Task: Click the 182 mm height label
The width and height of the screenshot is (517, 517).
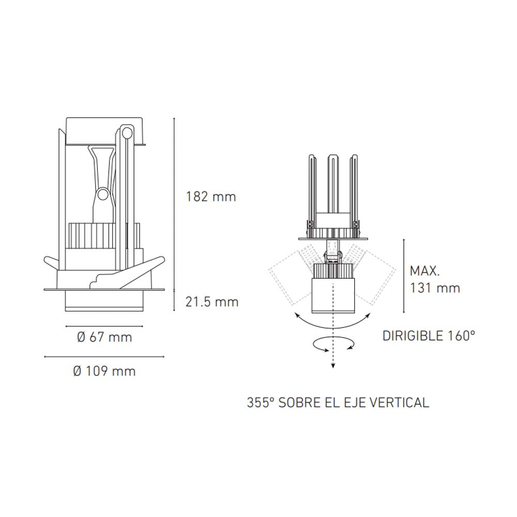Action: [x=211, y=197]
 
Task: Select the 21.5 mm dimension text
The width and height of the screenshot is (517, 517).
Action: [x=212, y=302]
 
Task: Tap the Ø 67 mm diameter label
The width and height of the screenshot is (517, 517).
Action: [x=104, y=338]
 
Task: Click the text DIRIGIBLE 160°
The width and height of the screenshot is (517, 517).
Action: [x=429, y=336]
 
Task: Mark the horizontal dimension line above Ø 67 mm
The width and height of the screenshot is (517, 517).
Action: [x=104, y=327]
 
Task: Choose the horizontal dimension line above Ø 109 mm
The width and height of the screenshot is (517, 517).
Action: [x=104, y=357]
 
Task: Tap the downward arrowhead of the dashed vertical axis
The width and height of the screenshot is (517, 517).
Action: [x=332, y=366]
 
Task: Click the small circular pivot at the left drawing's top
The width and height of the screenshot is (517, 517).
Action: [x=126, y=131]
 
